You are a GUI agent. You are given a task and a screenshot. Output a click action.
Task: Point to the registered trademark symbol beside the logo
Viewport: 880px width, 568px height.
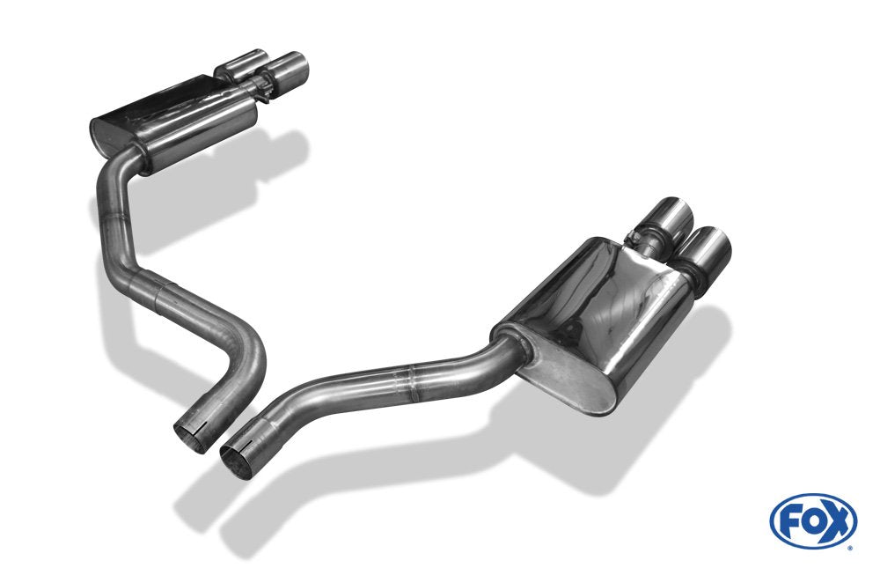click(x=849, y=547)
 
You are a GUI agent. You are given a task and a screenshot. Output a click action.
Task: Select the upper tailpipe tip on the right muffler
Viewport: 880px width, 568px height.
click(x=676, y=214)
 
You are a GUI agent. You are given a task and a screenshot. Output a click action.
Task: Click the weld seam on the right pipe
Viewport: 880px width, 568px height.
click(x=407, y=380)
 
